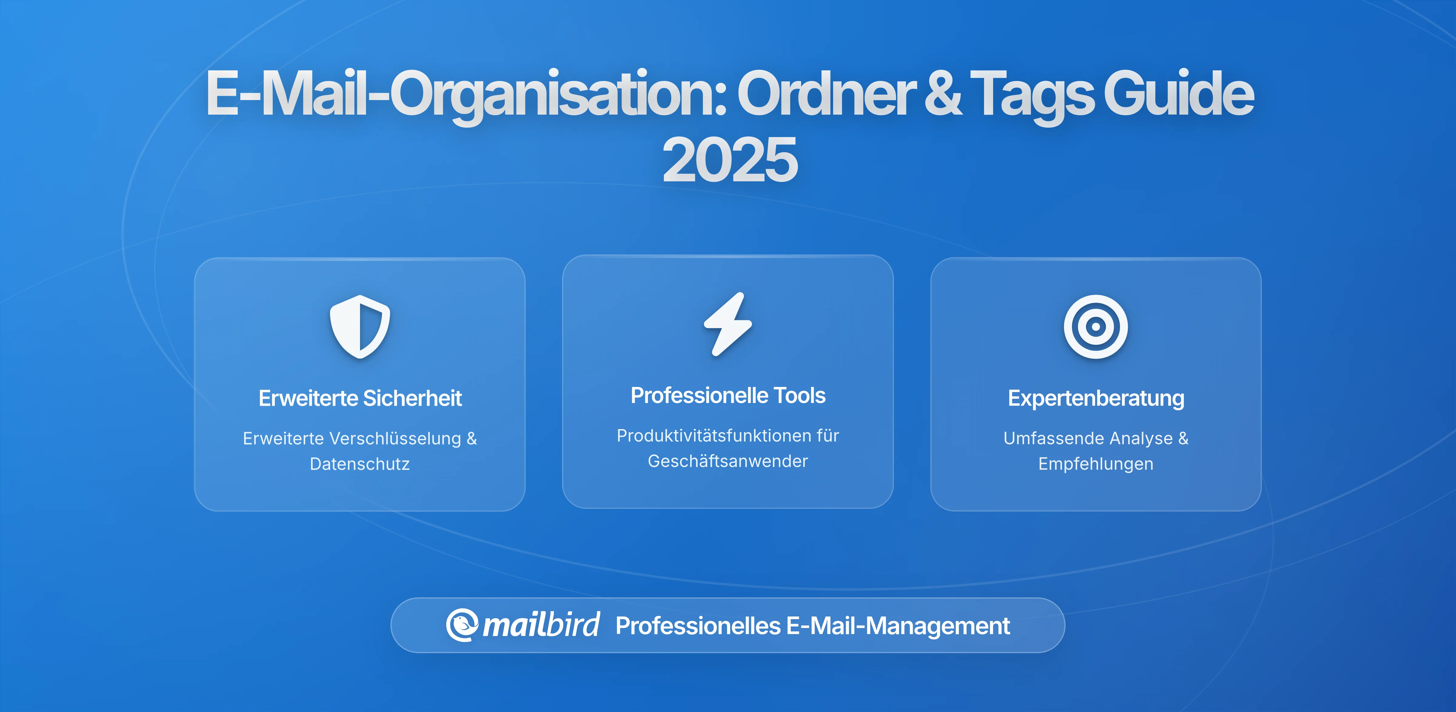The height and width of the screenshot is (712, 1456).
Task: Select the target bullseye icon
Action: pos(1095,327)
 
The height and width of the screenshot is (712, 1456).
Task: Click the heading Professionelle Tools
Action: pos(728,395)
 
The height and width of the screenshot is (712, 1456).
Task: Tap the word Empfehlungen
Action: pos(1095,464)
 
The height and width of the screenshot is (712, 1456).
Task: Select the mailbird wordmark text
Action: pos(541,625)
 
